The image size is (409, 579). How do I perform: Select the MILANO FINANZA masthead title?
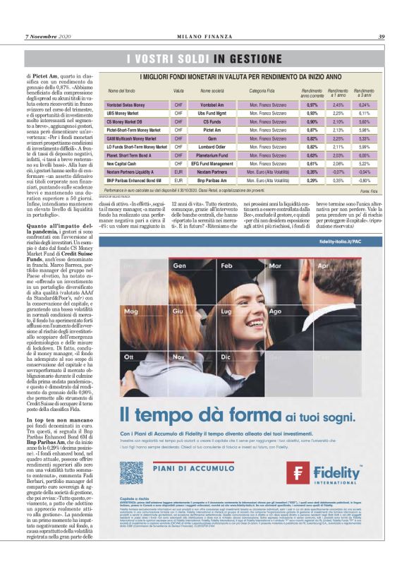(204, 37)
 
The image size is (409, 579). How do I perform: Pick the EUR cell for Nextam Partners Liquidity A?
(178, 171)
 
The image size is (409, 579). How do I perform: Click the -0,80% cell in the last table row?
(365, 179)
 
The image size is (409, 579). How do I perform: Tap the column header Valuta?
(178, 91)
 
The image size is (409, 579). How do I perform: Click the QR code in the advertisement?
(131, 473)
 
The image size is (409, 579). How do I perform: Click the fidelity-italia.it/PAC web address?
(341, 262)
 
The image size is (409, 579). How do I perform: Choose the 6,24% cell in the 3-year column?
(365, 105)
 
